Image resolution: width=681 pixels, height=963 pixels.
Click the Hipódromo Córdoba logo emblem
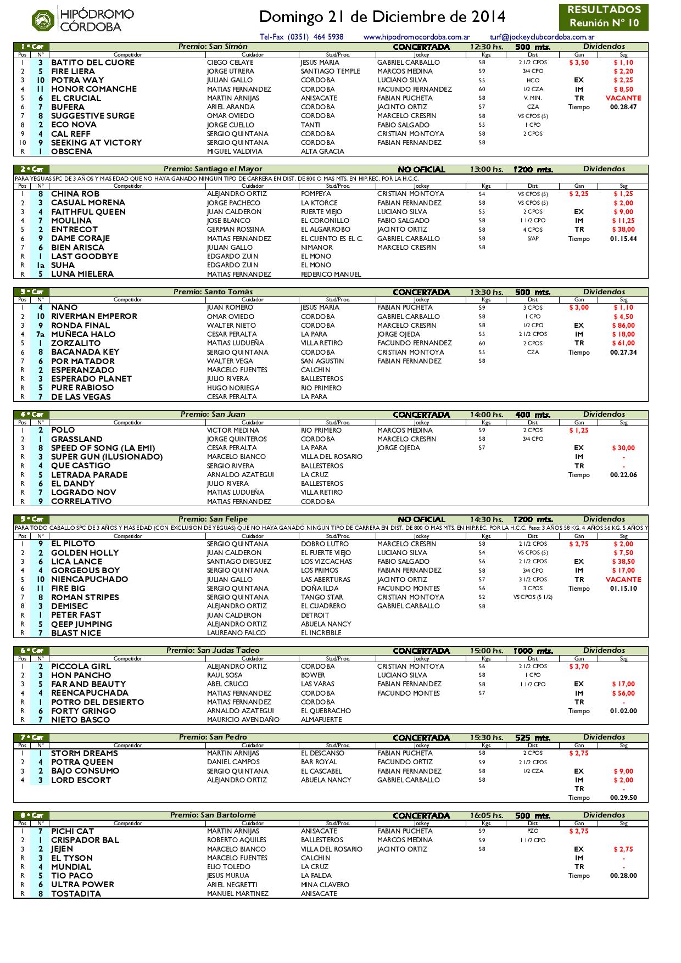(43, 21)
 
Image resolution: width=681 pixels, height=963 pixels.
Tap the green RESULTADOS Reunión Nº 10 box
(604, 17)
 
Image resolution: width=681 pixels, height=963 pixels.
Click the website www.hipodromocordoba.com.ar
(416, 37)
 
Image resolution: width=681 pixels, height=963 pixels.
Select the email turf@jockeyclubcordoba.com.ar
(542, 37)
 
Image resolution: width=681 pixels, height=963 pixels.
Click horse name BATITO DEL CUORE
(92, 63)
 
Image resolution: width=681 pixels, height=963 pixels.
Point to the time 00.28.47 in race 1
(623, 107)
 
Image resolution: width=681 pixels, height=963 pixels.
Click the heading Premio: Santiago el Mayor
(213, 169)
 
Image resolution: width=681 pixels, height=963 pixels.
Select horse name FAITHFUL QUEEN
(88, 212)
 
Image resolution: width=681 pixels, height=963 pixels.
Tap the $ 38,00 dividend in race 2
(623, 229)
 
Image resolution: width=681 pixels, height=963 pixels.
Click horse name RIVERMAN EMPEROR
(94, 316)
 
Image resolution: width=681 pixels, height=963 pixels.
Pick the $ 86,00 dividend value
(623, 326)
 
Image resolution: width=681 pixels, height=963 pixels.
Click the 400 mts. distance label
(533, 415)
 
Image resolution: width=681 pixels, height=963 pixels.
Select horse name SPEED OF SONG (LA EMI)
(103, 448)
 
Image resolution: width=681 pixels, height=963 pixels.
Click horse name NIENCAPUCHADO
(89, 579)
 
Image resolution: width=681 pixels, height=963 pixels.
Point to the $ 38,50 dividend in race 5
(623, 562)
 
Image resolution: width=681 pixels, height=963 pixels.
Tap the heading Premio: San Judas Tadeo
(213, 651)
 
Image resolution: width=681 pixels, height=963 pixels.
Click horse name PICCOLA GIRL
(81, 667)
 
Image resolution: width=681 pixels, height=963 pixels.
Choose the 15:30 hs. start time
(487, 738)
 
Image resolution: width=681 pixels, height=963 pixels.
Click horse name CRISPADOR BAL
(85, 840)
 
